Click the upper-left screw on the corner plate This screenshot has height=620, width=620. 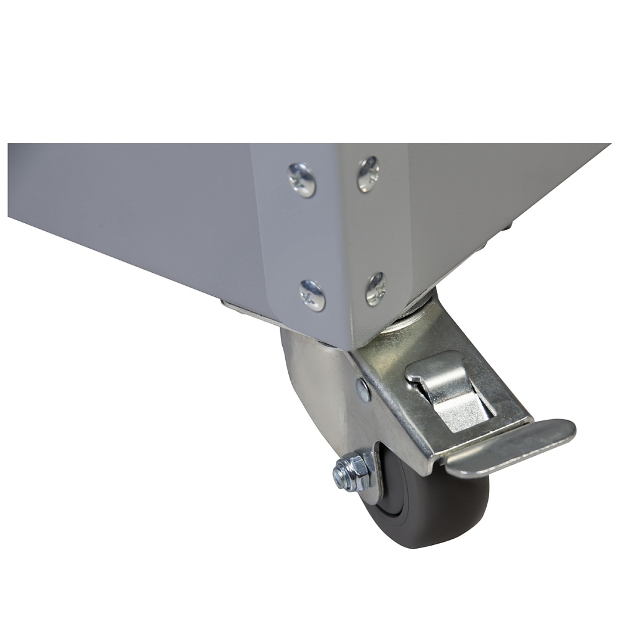[303, 180]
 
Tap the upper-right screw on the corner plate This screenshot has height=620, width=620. [368, 174]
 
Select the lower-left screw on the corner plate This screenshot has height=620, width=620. [312, 296]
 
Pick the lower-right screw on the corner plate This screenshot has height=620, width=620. [376, 288]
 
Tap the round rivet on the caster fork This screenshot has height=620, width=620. [363, 389]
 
